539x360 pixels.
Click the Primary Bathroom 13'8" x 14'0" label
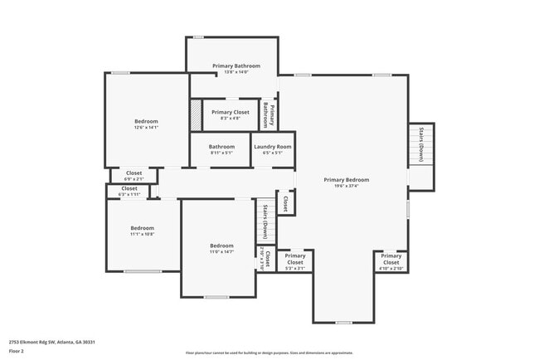[236, 69]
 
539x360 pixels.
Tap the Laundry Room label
[273, 149]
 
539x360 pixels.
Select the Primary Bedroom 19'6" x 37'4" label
[346, 183]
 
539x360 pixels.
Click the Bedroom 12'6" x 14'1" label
[146, 124]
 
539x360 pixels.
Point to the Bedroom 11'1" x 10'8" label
[142, 231]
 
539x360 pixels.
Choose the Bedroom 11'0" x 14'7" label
[221, 248]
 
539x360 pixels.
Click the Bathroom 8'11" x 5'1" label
[221, 149]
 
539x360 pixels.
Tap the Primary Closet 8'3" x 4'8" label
[231, 115]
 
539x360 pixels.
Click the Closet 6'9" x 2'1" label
[134, 176]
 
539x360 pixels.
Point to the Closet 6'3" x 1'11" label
[129, 191]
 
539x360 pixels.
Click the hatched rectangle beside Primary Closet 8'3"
[196, 114]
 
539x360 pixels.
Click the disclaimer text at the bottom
[269, 353]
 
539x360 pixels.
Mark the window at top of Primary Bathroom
[199, 37]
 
